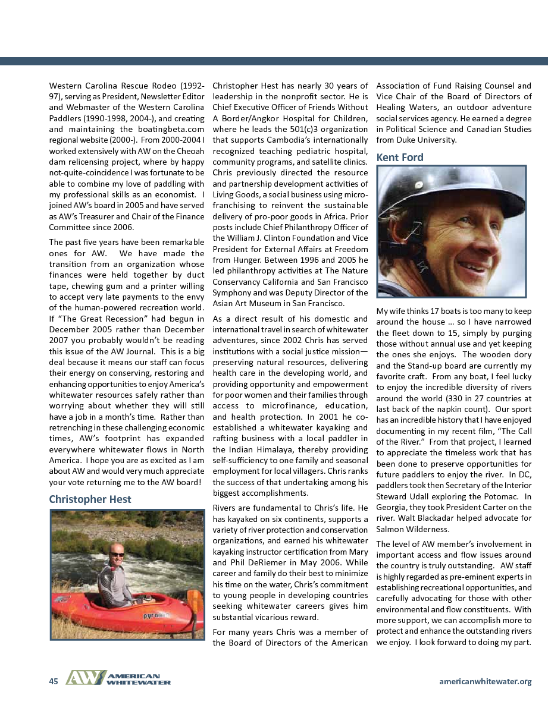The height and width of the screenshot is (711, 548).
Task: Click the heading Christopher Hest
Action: pos(90,499)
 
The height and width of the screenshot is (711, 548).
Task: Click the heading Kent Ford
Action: pos(400,157)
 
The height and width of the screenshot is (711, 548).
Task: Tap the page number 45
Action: pos(54,681)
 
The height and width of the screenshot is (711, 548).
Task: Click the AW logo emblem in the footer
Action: pos(85,678)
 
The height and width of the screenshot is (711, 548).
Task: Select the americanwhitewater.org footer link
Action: pos(485,681)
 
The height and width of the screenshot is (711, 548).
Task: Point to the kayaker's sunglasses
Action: pos(117,554)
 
